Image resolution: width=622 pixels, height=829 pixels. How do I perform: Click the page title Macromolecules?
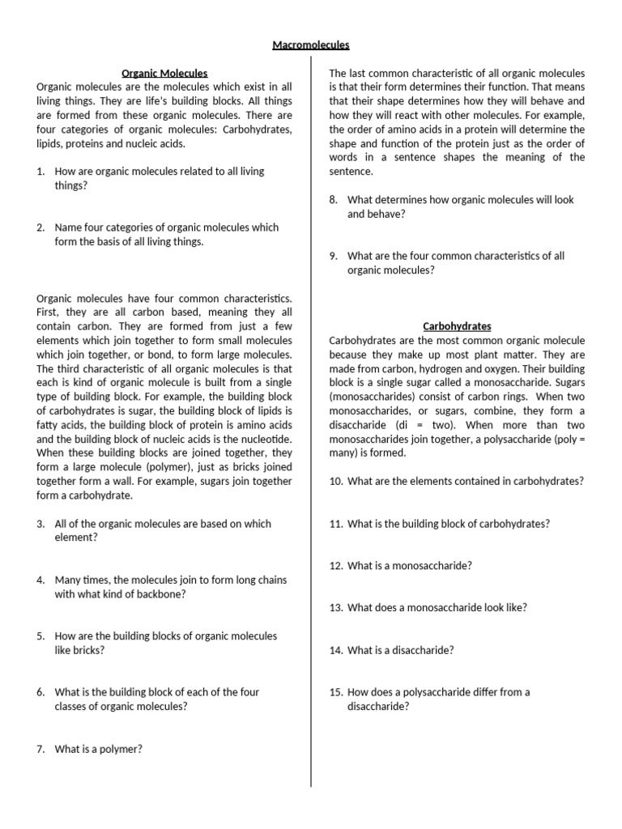click(x=311, y=45)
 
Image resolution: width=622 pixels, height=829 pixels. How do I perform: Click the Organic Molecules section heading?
click(x=164, y=73)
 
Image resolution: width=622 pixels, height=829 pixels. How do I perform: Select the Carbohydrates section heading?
click(x=457, y=326)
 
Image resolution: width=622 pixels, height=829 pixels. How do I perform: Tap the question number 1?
click(x=40, y=172)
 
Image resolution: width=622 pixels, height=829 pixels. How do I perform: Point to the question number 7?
click(x=40, y=749)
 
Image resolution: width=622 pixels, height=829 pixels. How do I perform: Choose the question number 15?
click(x=337, y=692)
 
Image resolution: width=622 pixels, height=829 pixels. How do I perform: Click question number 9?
click(x=333, y=256)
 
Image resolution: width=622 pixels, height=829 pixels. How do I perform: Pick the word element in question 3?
click(x=74, y=537)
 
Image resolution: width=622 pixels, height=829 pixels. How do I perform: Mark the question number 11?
click(x=336, y=523)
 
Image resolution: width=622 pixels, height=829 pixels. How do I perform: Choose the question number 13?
click(x=336, y=607)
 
